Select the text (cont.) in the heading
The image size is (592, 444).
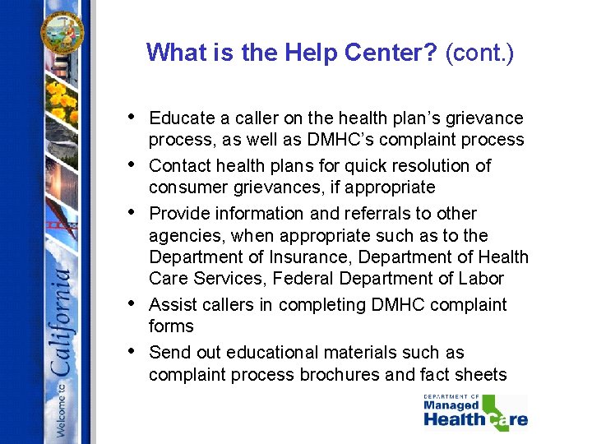tap(479, 54)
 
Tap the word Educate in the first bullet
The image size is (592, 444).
tap(181, 118)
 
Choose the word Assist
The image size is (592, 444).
tap(170, 305)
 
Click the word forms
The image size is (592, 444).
tap(171, 326)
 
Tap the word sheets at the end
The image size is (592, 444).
tap(482, 375)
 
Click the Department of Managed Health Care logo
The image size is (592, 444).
tap(474, 412)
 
